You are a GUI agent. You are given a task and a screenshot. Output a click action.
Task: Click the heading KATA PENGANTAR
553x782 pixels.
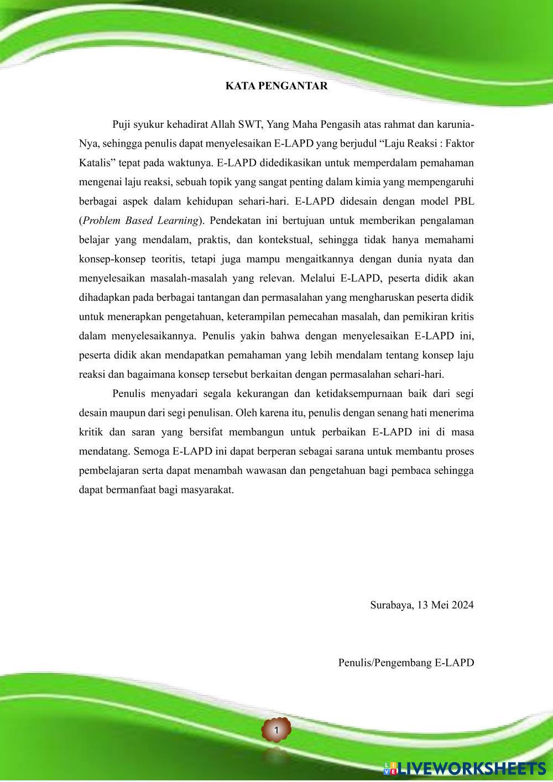(x=276, y=86)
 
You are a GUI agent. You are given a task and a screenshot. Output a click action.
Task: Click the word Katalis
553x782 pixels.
(x=95, y=163)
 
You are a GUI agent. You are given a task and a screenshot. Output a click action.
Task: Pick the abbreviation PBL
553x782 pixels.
(x=463, y=201)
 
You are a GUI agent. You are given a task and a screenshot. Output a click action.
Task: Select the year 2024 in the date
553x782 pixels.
(x=462, y=604)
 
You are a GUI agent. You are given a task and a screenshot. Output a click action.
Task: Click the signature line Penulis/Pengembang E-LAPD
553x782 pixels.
(x=406, y=663)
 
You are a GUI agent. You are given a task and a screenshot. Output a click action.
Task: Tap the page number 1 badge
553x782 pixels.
(x=276, y=731)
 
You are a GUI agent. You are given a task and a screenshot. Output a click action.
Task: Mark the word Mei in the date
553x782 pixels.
(x=440, y=604)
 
